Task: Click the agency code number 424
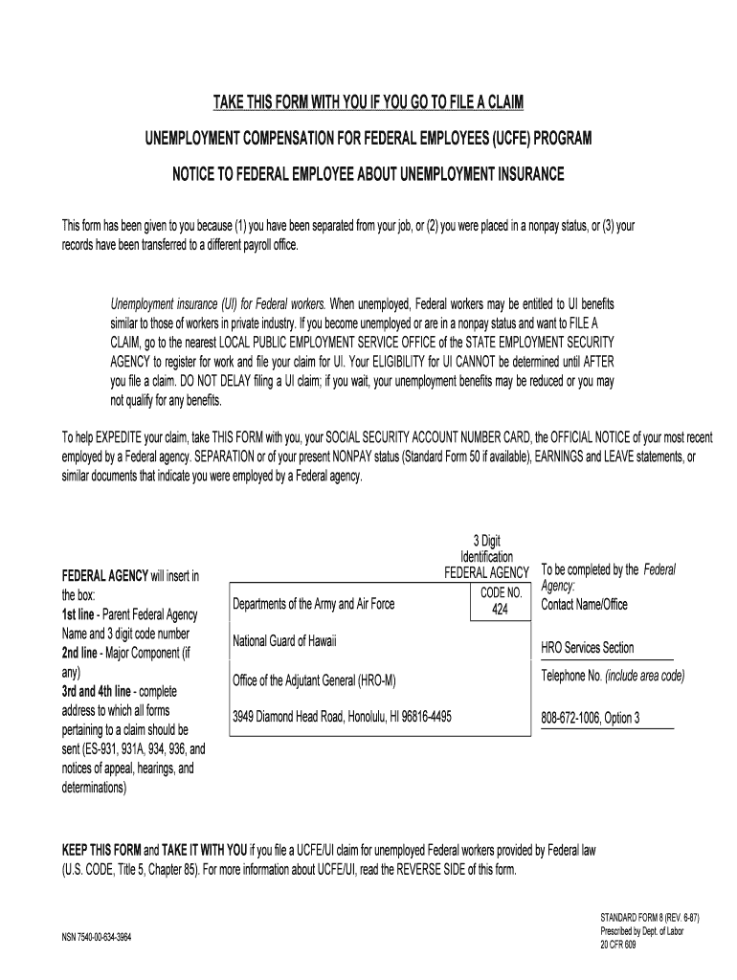tap(501, 609)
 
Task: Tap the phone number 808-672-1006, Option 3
tap(591, 718)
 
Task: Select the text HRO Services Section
tap(587, 648)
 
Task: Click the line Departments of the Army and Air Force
tap(313, 604)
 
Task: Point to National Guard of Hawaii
tap(284, 640)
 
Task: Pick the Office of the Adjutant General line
tap(314, 680)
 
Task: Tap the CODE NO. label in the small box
tap(501, 592)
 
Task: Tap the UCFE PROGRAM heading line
tap(368, 141)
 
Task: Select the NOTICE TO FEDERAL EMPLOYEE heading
tap(368, 175)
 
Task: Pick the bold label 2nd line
tap(83, 653)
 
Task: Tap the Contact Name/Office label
tap(584, 605)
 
